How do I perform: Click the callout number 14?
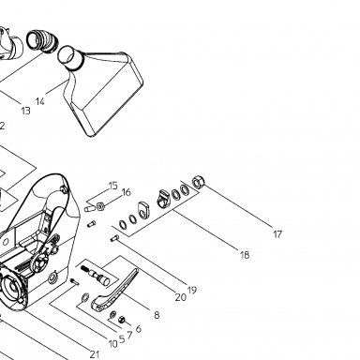[x=40, y=101]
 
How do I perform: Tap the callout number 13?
[x=26, y=111]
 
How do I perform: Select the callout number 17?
[x=277, y=234]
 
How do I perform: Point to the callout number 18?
[x=245, y=255]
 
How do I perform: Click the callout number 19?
[x=192, y=290]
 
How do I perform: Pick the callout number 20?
[x=180, y=297]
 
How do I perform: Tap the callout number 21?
[x=95, y=354]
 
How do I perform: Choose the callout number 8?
[x=157, y=315]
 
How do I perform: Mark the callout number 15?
[x=113, y=186]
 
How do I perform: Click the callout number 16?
[x=126, y=192]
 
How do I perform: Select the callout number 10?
[x=112, y=344]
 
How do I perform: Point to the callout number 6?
[x=139, y=329]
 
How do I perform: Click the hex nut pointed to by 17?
[x=199, y=182]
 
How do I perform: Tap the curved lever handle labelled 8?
[x=114, y=290]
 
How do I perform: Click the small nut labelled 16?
[x=100, y=206]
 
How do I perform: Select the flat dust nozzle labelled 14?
[x=103, y=91]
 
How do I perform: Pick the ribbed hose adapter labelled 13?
[x=42, y=40]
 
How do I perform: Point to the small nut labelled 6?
[x=121, y=320]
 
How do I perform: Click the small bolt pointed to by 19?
[x=114, y=239]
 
